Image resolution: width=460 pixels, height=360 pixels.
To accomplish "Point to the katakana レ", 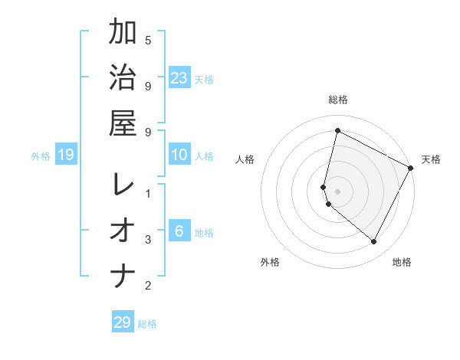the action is (x=123, y=184).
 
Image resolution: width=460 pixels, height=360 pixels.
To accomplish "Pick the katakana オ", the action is (x=123, y=230).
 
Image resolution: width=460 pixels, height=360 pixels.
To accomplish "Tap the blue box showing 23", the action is (x=179, y=77).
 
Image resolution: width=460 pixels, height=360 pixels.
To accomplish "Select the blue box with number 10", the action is (x=179, y=155).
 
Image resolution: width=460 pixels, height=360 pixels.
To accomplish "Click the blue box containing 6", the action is (x=179, y=231).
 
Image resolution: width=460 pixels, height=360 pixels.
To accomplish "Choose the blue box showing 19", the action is (x=66, y=155).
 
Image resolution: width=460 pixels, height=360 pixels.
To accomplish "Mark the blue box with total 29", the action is (x=123, y=322).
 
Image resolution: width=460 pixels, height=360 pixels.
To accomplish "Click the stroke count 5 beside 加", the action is (x=148, y=40).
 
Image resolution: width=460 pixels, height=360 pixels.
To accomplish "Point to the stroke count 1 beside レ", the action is (x=148, y=194).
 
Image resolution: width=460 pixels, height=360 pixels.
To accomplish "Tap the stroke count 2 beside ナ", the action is (x=148, y=286).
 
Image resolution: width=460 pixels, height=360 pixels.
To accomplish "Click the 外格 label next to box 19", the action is (x=41, y=156).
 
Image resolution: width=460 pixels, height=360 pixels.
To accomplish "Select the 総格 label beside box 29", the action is (x=147, y=324).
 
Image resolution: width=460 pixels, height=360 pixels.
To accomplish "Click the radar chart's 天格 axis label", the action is (x=431, y=159).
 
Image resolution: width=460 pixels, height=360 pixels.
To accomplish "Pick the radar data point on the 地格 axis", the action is (x=374, y=242).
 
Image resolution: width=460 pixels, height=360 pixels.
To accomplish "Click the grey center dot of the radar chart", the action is (x=337, y=191).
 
